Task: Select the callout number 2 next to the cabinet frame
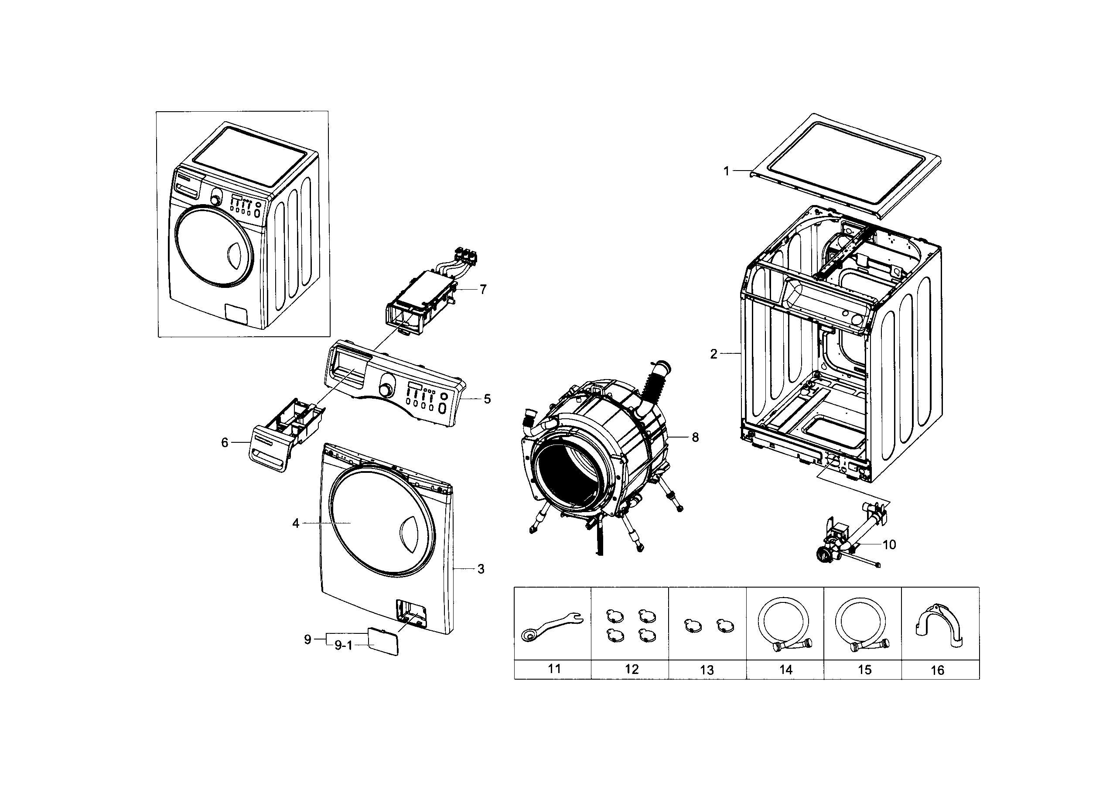click(714, 353)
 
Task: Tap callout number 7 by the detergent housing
click(483, 290)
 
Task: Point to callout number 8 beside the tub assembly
click(695, 437)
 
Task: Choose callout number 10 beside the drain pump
click(889, 544)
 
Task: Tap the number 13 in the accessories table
click(707, 670)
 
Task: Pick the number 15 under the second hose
click(864, 670)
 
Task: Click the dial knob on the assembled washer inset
click(215, 199)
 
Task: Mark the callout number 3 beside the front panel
click(481, 569)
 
